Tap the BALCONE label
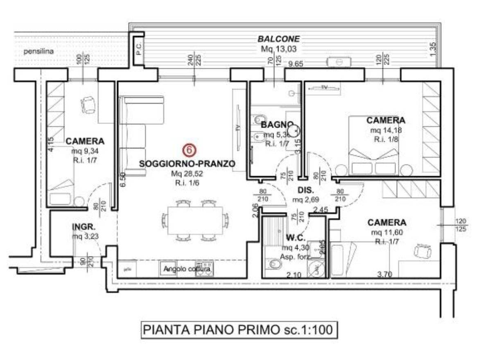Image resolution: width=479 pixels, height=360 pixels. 278,39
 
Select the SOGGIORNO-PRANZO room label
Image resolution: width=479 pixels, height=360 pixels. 187,164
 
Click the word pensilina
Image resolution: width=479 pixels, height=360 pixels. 38,52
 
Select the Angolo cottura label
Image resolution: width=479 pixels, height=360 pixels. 187,270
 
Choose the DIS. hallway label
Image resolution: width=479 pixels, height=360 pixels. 305,191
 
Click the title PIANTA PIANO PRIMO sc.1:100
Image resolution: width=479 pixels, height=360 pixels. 239,329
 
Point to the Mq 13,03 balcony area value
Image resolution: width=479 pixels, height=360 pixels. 278,49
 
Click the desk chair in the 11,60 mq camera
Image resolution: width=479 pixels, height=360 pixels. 421,250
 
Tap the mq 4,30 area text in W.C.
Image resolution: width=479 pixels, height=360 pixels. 294,248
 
